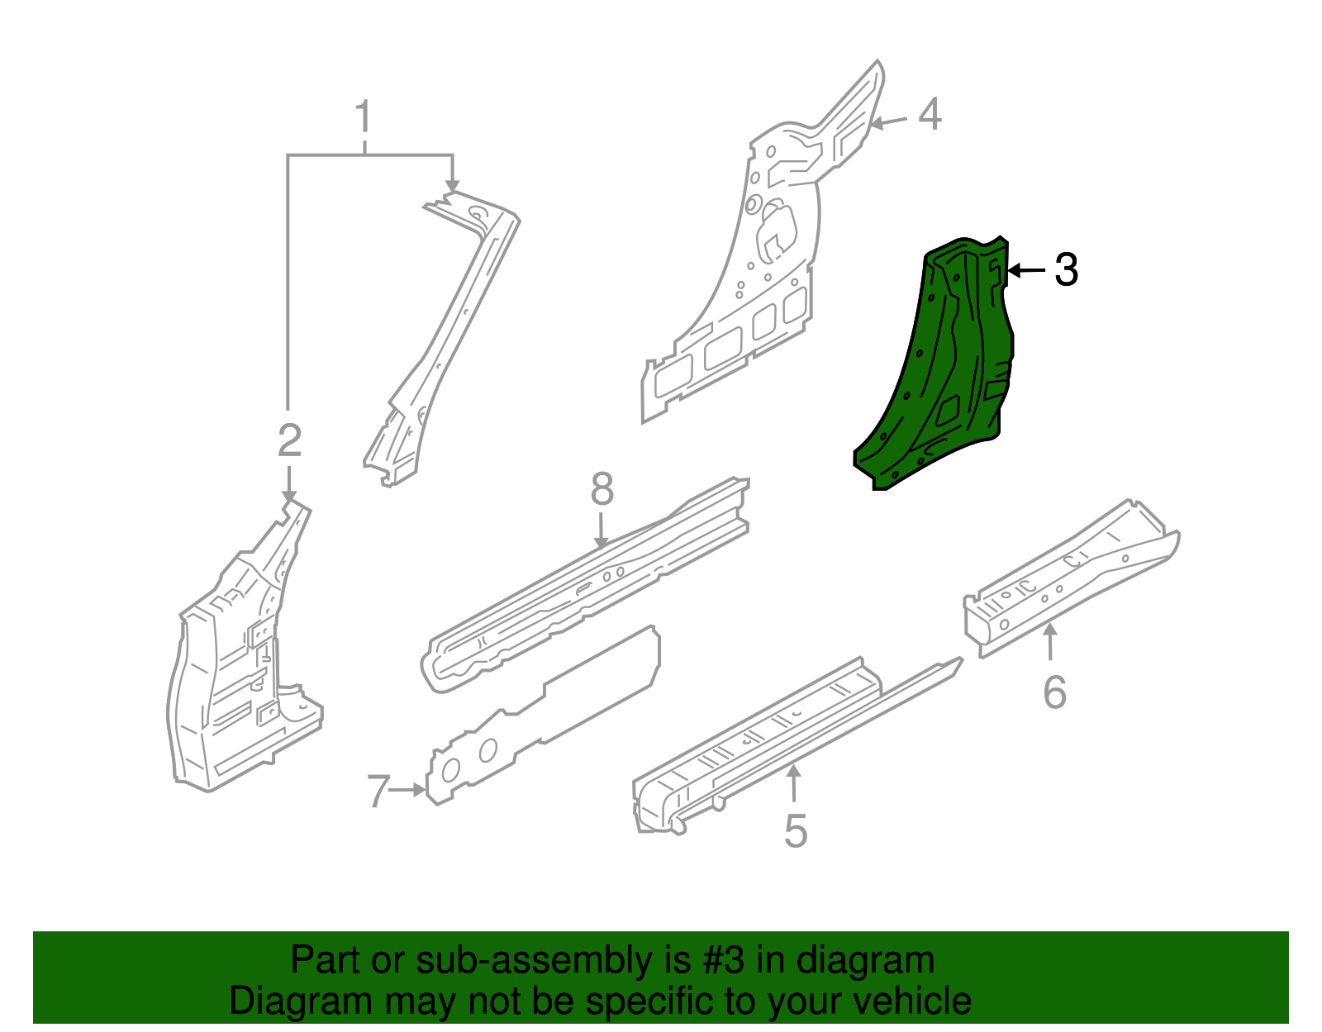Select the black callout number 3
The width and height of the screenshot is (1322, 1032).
point(1066,270)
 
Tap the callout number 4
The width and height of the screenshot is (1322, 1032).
point(930,114)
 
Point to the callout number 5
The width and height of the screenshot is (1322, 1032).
point(795,830)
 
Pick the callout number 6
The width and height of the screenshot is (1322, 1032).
point(1054,692)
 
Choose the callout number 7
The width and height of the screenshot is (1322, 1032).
point(378,792)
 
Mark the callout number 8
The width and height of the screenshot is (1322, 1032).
point(602,489)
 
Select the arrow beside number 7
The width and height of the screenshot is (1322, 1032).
point(408,790)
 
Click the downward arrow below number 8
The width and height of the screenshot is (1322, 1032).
point(602,529)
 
